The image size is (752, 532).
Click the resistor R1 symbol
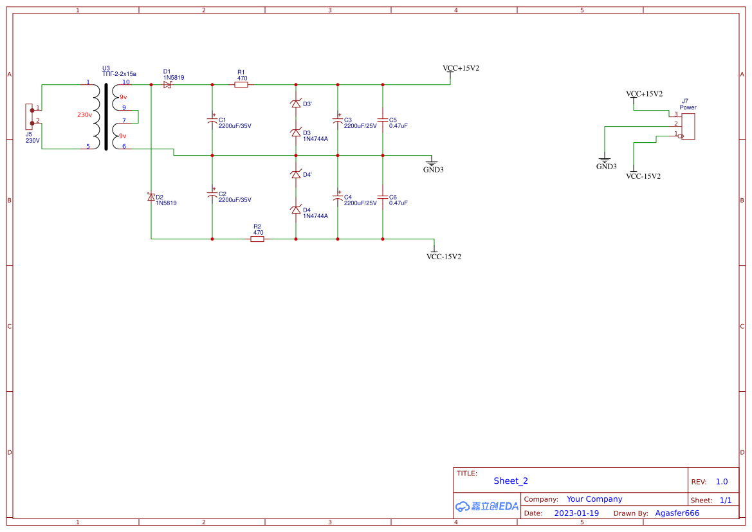241,84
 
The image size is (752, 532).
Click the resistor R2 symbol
257,239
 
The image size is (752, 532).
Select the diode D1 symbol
168,84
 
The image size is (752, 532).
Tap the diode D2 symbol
151,197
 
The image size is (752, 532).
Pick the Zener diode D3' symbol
296,104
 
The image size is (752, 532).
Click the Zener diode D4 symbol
296,210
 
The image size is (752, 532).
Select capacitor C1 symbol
212,120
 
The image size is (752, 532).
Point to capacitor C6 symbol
383,197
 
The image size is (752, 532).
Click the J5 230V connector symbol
29,116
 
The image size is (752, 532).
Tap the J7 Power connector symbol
688,125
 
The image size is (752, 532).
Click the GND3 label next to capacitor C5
433,169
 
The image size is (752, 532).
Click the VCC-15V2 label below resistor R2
443,257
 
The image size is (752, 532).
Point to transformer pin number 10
126,82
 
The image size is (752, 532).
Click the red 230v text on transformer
84,115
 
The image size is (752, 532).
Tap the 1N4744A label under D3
315,139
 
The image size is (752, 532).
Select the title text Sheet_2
511,481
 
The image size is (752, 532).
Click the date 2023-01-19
576,513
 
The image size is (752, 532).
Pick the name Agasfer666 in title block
677,513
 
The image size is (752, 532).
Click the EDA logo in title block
487,506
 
